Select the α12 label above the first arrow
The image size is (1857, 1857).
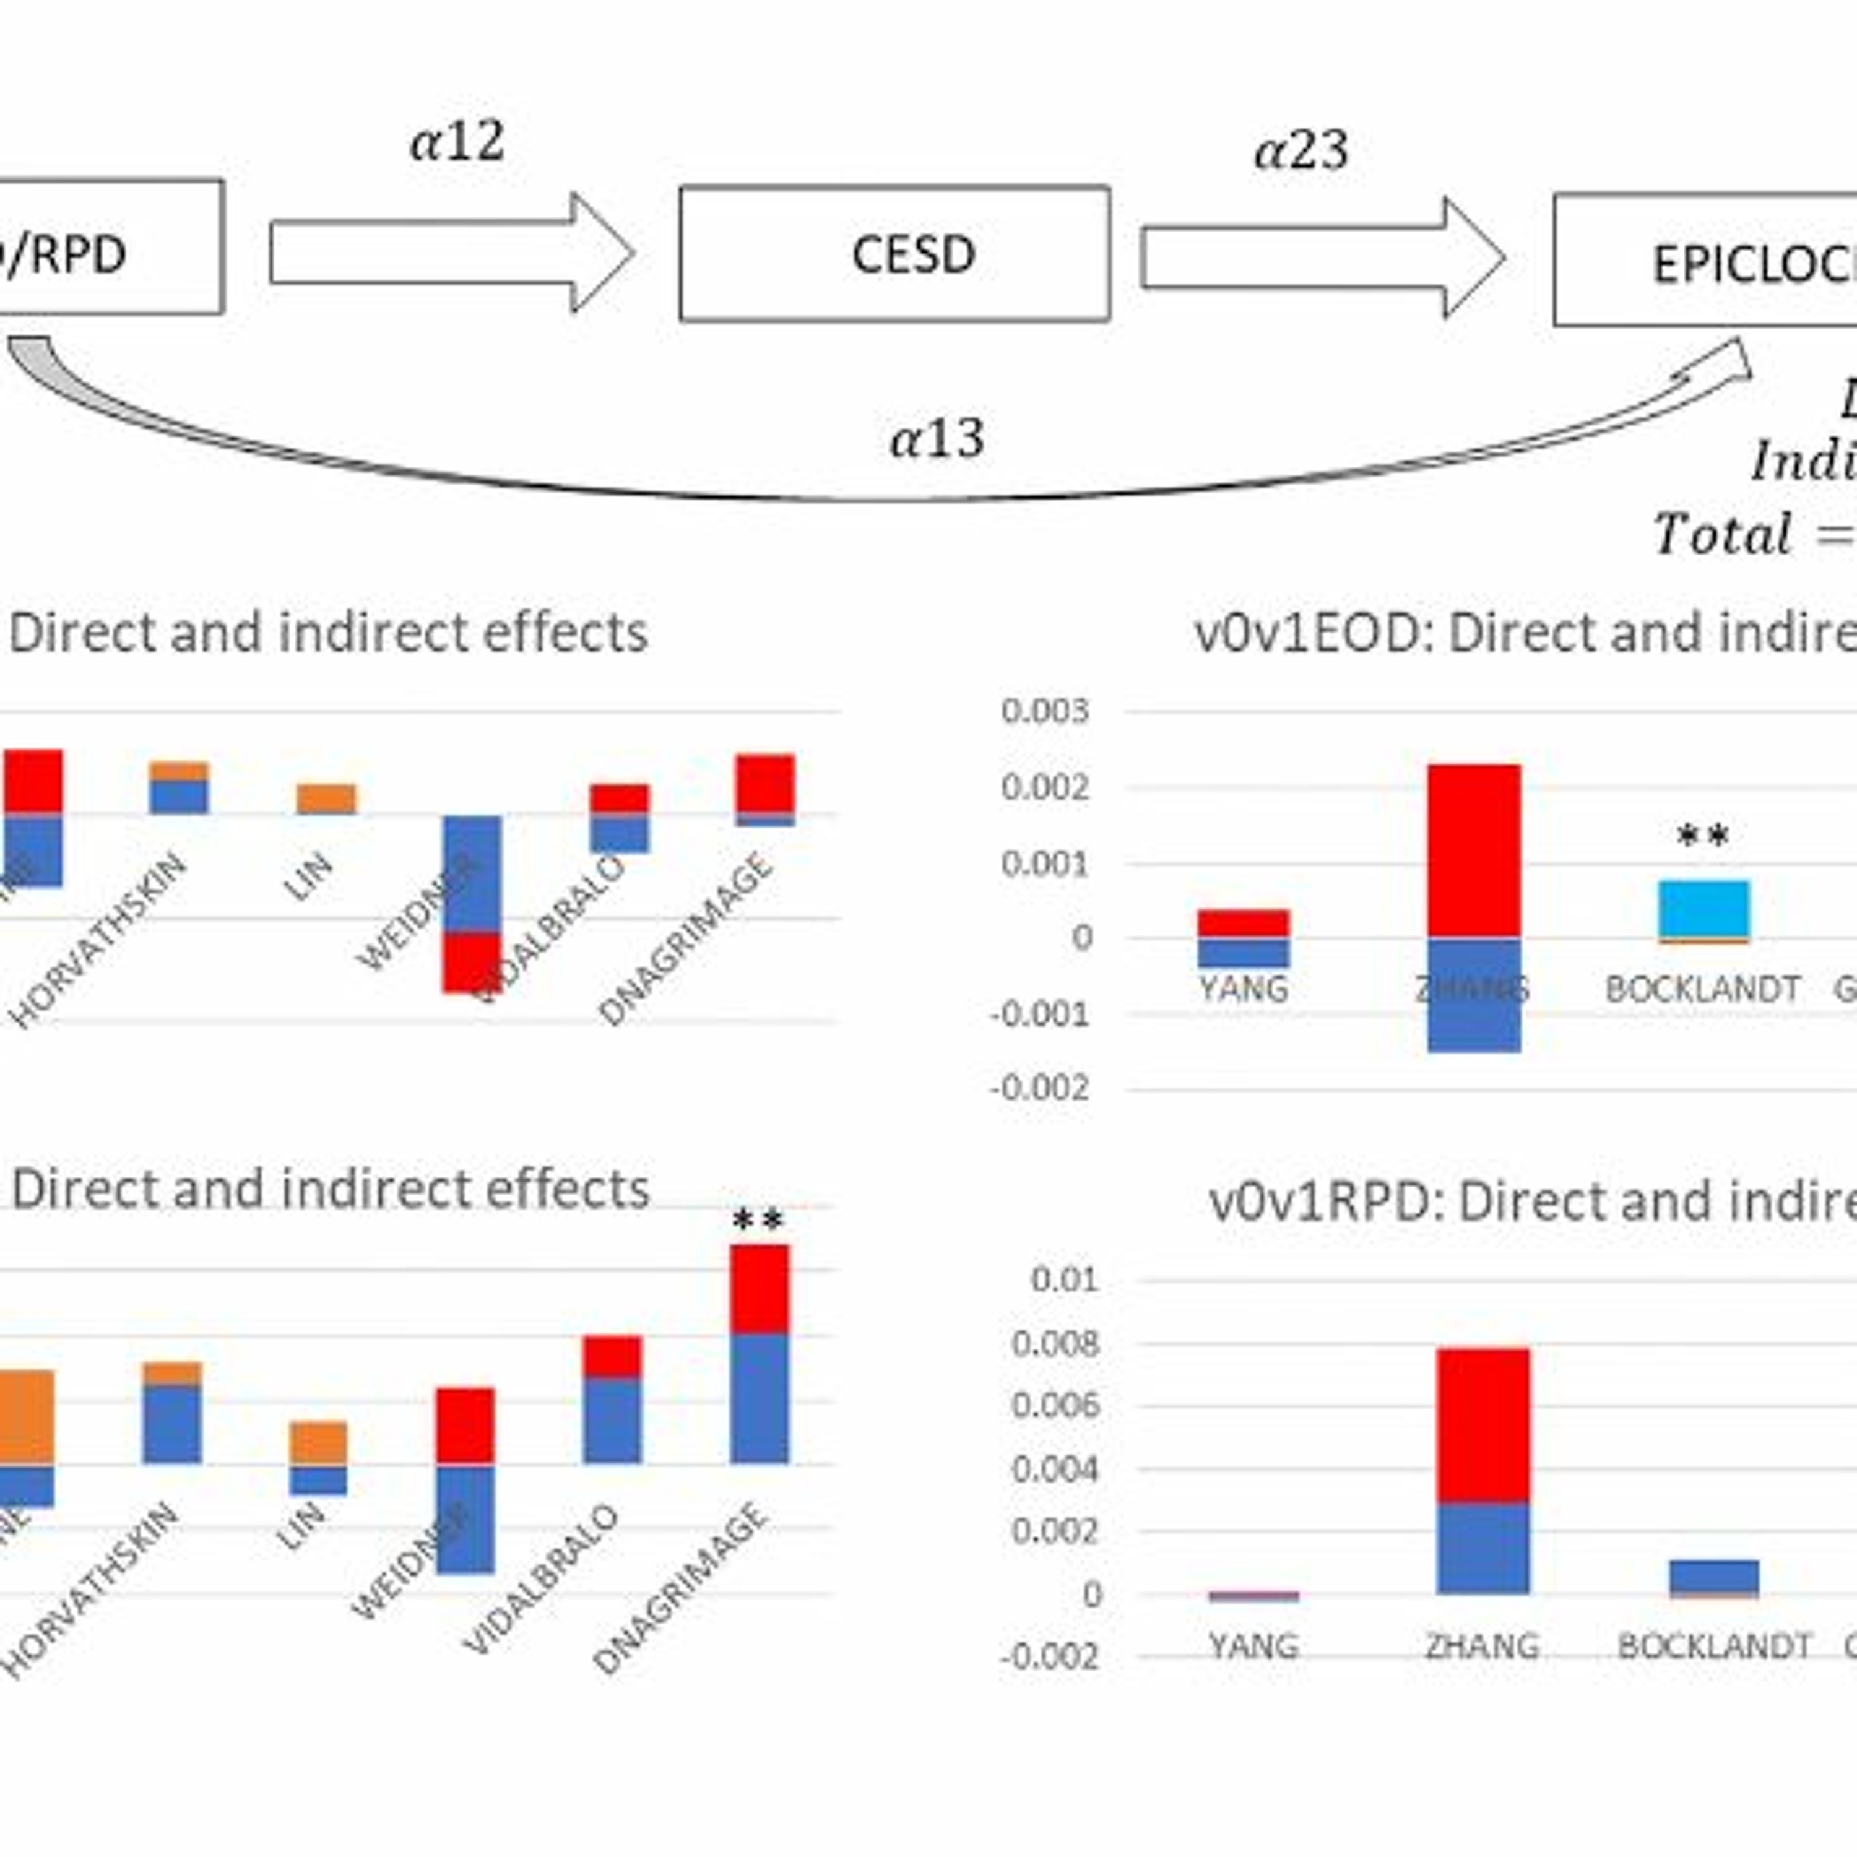(457, 142)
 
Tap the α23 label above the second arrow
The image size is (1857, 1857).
(1301, 151)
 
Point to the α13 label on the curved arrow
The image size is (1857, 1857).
(937, 440)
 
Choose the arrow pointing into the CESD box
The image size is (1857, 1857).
(452, 252)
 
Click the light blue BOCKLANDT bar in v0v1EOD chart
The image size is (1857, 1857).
(1704, 908)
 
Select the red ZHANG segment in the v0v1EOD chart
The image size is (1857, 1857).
(1473, 851)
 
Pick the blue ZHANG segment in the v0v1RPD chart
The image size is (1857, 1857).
(1483, 1547)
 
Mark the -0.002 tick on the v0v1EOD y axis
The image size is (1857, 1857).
(1040, 1089)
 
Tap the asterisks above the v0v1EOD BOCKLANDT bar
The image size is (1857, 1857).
(1702, 837)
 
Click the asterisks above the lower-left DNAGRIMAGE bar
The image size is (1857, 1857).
(758, 1221)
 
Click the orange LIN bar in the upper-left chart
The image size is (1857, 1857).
(326, 798)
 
